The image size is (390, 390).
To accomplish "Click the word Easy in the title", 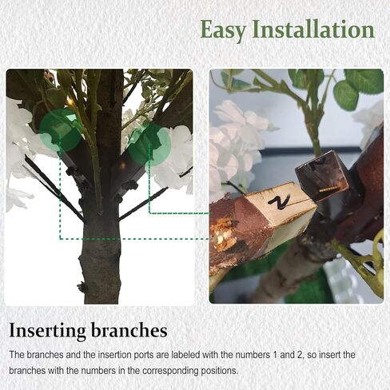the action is [223, 30].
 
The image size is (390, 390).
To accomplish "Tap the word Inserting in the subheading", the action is [47, 331].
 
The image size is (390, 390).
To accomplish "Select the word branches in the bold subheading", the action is [129, 330].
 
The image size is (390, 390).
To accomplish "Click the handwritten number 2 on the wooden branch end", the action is [279, 201].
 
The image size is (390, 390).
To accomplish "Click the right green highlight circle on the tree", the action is [149, 144].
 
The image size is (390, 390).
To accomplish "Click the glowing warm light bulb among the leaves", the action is [69, 101].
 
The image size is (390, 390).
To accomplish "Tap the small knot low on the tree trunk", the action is [83, 287].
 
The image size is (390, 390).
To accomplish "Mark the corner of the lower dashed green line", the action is [60, 239].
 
